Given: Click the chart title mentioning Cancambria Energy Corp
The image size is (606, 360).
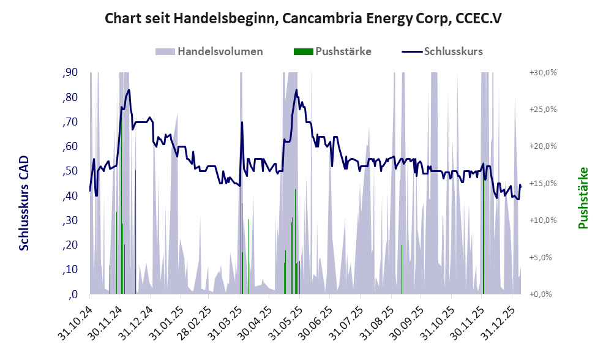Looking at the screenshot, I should coord(304,18).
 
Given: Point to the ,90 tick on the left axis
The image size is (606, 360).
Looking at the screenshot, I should coord(70,73).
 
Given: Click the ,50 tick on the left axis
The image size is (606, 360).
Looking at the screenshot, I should coord(70,171).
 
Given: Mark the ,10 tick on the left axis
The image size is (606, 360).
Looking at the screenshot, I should coord(70,269).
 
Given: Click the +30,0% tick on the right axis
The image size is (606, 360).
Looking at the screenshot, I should coord(542,73).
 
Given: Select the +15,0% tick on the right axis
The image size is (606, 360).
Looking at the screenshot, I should coord(542,183).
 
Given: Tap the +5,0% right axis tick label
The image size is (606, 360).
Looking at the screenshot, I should coord(542,257).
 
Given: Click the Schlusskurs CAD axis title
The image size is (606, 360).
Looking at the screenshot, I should coord(24,202).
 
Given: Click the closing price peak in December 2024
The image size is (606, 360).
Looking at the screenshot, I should coord(129,90).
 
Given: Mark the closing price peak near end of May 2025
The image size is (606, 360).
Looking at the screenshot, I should coord(297,90).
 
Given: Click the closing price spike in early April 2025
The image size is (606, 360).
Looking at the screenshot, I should coord(242,122).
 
